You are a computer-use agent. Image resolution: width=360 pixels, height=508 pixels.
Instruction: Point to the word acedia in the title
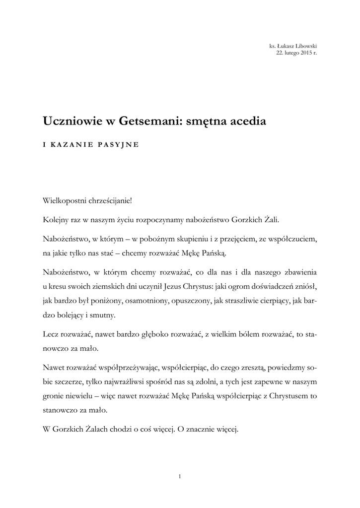tap(247, 121)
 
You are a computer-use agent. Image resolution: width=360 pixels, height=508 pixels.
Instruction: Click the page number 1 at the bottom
tap(180, 477)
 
